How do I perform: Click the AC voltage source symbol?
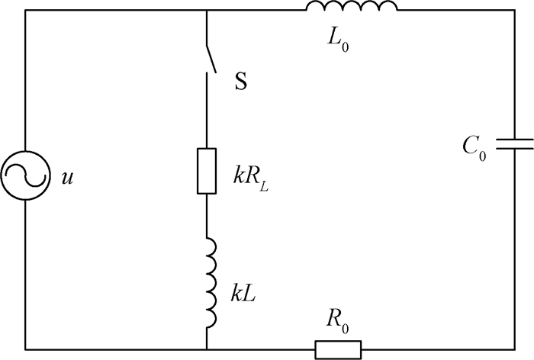26,176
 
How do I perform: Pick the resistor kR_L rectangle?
207,171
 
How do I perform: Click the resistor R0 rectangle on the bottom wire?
338,349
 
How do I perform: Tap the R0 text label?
339,320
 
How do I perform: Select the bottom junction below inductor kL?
207,349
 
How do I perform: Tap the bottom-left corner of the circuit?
26,349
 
